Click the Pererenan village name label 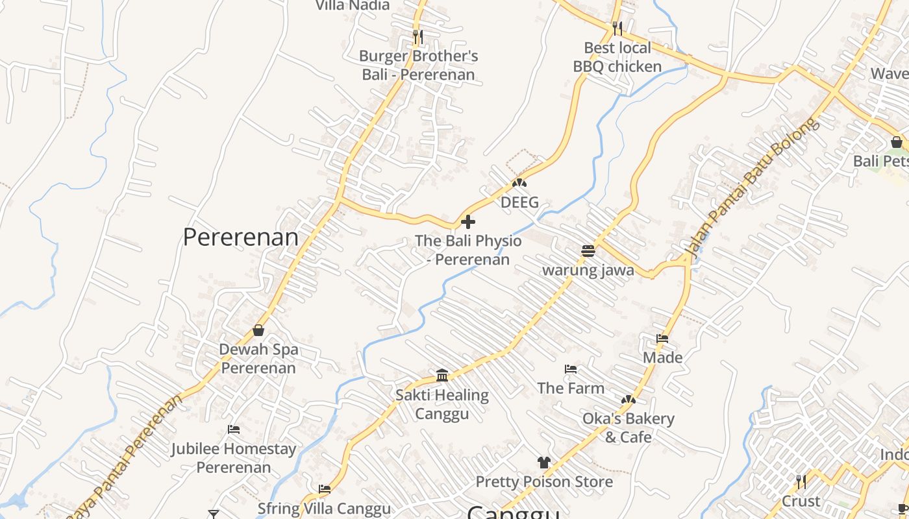pyautogui.click(x=241, y=237)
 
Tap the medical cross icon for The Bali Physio pyautogui.click(x=467, y=223)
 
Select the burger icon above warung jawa pyautogui.click(x=588, y=250)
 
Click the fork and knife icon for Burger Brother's pyautogui.click(x=418, y=37)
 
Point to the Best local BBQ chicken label pyautogui.click(x=617, y=57)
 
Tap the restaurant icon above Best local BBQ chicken pyautogui.click(x=617, y=28)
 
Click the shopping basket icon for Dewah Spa pyautogui.click(x=258, y=330)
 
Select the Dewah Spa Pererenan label pyautogui.click(x=258, y=359)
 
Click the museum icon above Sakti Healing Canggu pyautogui.click(x=442, y=375)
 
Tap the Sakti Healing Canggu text pyautogui.click(x=442, y=404)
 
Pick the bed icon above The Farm pyautogui.click(x=571, y=369)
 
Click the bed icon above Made pyautogui.click(x=662, y=338)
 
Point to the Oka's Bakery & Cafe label pyautogui.click(x=628, y=428)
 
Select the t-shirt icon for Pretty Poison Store pyautogui.click(x=544, y=463)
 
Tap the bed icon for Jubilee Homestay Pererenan pyautogui.click(x=234, y=429)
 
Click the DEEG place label pyautogui.click(x=519, y=202)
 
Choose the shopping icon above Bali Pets pyautogui.click(x=897, y=142)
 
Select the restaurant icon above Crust pyautogui.click(x=801, y=481)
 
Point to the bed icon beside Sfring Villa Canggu pyautogui.click(x=325, y=489)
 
